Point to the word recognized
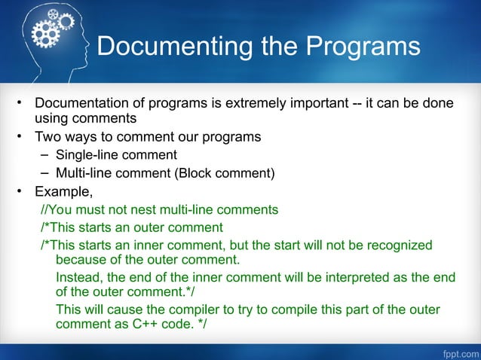[x=398, y=246]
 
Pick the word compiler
[x=205, y=310]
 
